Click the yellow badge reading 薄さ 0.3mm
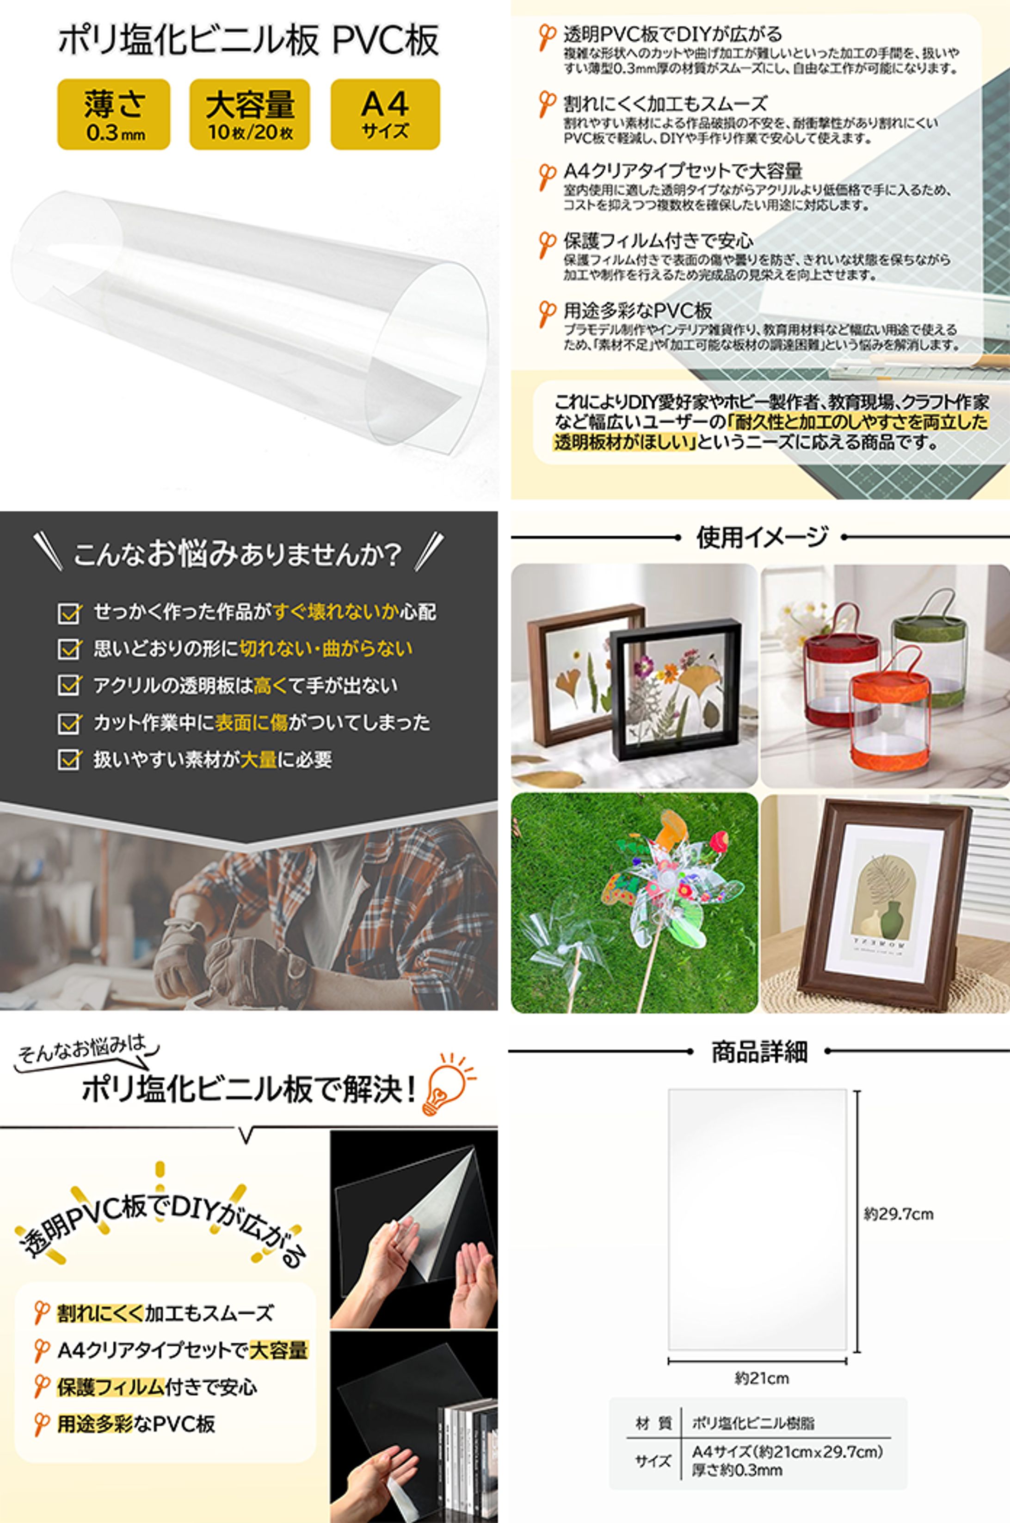point(114,115)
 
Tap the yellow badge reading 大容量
point(249,115)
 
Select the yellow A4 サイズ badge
point(385,115)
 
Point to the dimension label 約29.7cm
point(898,1214)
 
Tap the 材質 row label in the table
point(653,1423)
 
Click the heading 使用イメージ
point(761,537)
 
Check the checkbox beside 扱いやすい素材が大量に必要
point(68,760)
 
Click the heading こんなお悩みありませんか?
point(238,555)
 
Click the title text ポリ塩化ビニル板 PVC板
point(249,40)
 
